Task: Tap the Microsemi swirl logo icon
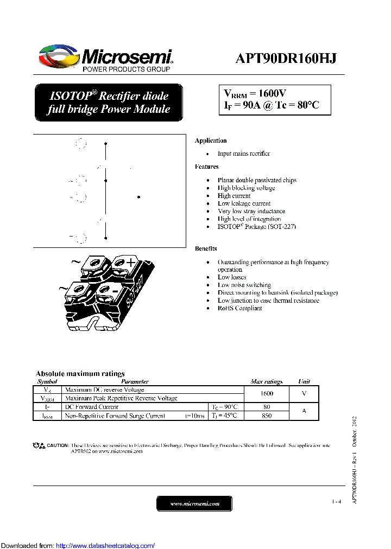pos(59,58)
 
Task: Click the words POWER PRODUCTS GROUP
pos(127,69)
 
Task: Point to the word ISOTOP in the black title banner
pos(70,97)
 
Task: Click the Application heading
pos(211,141)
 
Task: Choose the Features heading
pos(206,167)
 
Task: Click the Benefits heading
pos(206,249)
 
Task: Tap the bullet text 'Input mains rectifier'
pos(243,154)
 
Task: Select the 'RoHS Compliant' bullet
pos(239,308)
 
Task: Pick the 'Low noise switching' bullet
pos(244,285)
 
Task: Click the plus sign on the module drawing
pos(131,263)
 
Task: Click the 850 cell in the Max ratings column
pos(266,416)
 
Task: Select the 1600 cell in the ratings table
pos(266,394)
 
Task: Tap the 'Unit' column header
pos(304,382)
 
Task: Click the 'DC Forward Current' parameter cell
pos(92,407)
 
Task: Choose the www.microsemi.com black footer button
pos(194,504)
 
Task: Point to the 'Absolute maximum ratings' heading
pos(80,374)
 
